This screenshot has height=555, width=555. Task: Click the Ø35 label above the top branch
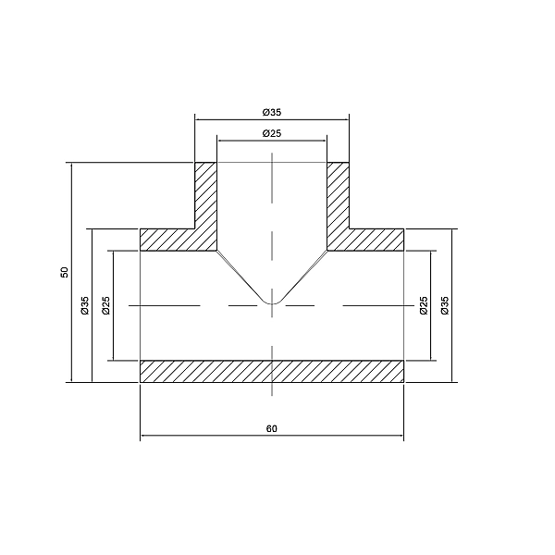point(271,112)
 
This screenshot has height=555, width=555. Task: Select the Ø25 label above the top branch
point(271,134)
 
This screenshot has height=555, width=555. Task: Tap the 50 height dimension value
point(64,272)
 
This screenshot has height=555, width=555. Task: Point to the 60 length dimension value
point(272,429)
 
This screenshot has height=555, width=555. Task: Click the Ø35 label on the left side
point(84,305)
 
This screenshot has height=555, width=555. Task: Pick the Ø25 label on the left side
point(105,305)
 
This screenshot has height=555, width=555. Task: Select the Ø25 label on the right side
point(423,305)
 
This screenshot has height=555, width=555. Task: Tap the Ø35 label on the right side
point(445,305)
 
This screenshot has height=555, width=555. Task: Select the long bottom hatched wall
point(271,370)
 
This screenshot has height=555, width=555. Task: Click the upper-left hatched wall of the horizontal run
point(176,240)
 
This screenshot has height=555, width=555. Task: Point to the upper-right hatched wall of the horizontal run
point(367,240)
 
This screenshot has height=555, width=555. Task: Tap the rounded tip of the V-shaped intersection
point(271,302)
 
